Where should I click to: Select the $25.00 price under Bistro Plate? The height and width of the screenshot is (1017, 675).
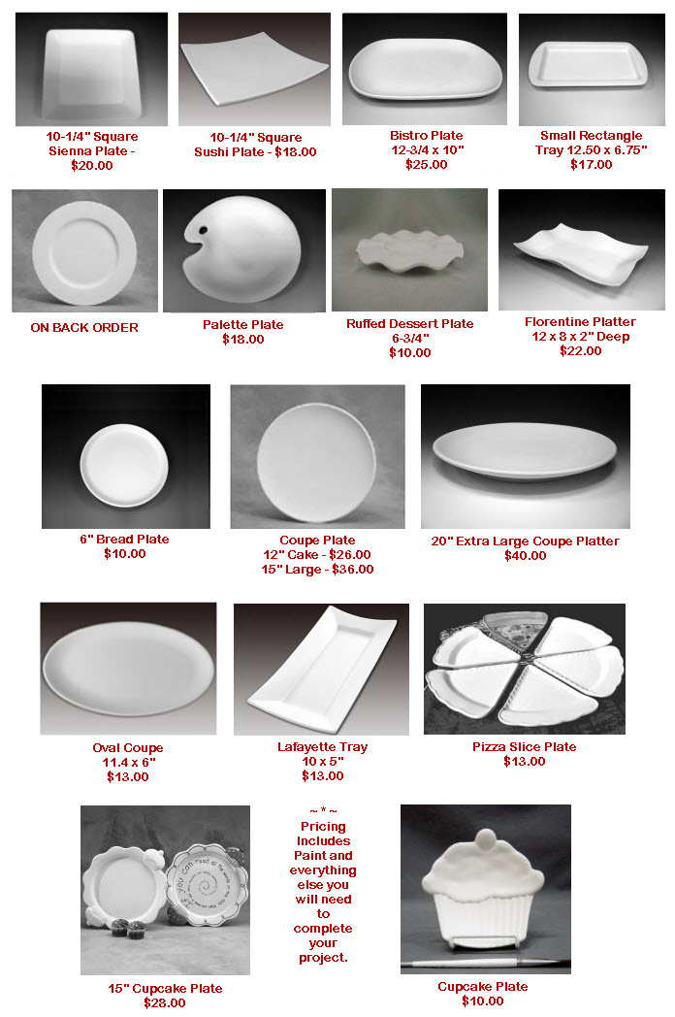click(x=426, y=165)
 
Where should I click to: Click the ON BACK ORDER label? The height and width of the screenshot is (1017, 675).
click(x=84, y=328)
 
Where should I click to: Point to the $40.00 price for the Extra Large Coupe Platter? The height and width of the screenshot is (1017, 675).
click(x=525, y=556)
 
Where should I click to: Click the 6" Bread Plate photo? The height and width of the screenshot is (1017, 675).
click(x=125, y=456)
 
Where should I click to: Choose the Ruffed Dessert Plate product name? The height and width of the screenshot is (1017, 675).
click(x=409, y=324)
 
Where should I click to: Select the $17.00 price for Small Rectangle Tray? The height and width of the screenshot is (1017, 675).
click(x=591, y=165)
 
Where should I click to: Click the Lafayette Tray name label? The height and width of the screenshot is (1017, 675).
click(x=322, y=747)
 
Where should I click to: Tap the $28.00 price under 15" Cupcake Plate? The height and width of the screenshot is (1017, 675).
click(x=165, y=1002)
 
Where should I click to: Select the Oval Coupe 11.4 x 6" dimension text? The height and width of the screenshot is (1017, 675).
click(x=128, y=763)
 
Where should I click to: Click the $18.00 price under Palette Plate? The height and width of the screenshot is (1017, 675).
click(x=242, y=340)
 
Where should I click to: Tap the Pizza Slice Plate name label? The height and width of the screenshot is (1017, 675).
click(x=524, y=747)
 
